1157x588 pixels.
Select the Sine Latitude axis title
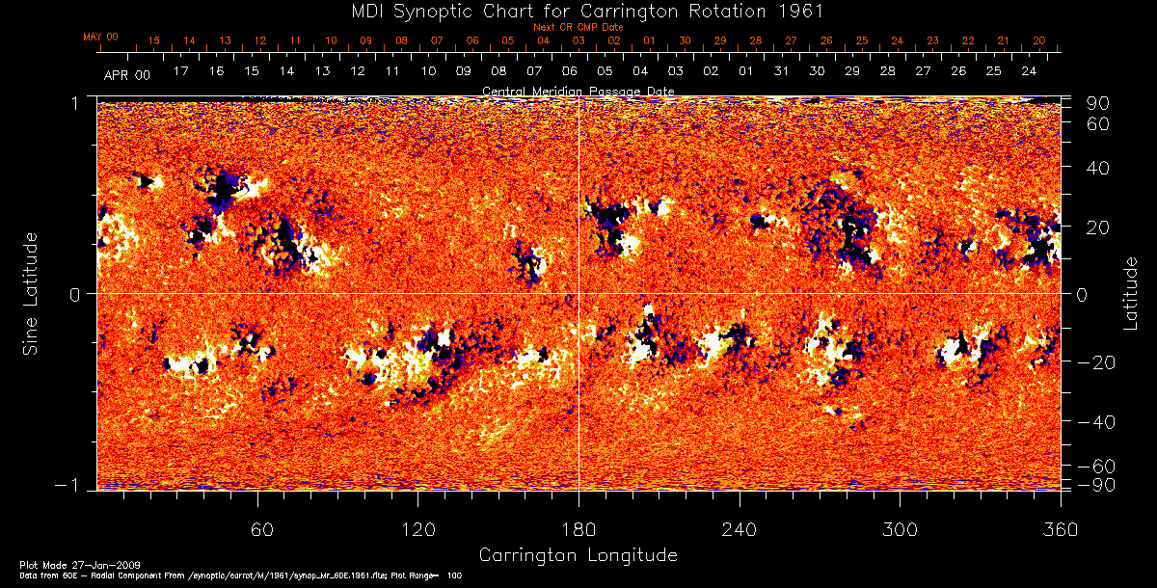(x=30, y=293)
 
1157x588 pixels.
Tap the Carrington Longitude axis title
(x=578, y=555)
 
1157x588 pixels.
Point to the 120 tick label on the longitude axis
(x=417, y=529)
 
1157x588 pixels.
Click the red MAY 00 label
(x=100, y=37)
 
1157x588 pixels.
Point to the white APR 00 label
(x=126, y=73)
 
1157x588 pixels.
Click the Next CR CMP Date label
(x=578, y=27)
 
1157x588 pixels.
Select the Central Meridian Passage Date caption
(x=578, y=91)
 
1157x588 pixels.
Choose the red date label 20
(x=1038, y=40)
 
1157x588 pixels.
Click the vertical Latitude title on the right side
(x=1130, y=293)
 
